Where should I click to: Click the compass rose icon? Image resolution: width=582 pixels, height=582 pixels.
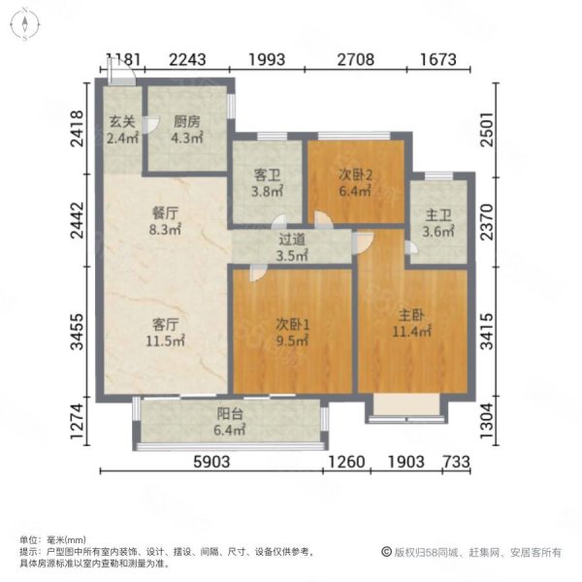coord(24,24)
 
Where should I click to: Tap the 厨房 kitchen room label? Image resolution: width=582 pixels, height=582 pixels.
coord(187,122)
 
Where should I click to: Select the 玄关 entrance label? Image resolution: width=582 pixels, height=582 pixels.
coord(122,122)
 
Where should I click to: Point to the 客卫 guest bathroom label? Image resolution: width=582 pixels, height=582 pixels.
coord(267,175)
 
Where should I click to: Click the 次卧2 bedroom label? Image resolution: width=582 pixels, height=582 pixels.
coord(355,175)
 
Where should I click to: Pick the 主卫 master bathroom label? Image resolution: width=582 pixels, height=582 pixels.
coord(438,215)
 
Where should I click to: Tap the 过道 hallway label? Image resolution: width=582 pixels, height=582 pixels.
coord(292,240)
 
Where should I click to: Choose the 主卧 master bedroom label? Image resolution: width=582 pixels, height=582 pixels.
coord(411,315)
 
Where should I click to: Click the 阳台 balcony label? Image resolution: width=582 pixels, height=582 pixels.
coord(230,413)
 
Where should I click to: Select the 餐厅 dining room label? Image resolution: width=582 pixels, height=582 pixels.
coord(165,213)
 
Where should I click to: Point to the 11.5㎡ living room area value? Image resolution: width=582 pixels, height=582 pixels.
coord(165,340)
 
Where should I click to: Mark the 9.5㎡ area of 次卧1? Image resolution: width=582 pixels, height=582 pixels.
coord(292,340)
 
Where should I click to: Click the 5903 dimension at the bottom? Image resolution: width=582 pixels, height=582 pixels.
coord(211,462)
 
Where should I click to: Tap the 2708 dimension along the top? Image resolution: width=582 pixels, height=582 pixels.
coord(356,59)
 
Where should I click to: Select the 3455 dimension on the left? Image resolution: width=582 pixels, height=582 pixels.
coord(78,332)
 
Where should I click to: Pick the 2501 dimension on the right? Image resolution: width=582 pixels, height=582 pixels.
coord(487,130)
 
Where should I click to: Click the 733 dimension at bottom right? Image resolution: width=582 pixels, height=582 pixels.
coord(457,462)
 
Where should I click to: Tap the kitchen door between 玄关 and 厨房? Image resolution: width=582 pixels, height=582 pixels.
coord(150,125)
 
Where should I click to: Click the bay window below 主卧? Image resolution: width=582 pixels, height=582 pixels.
coord(406,409)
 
